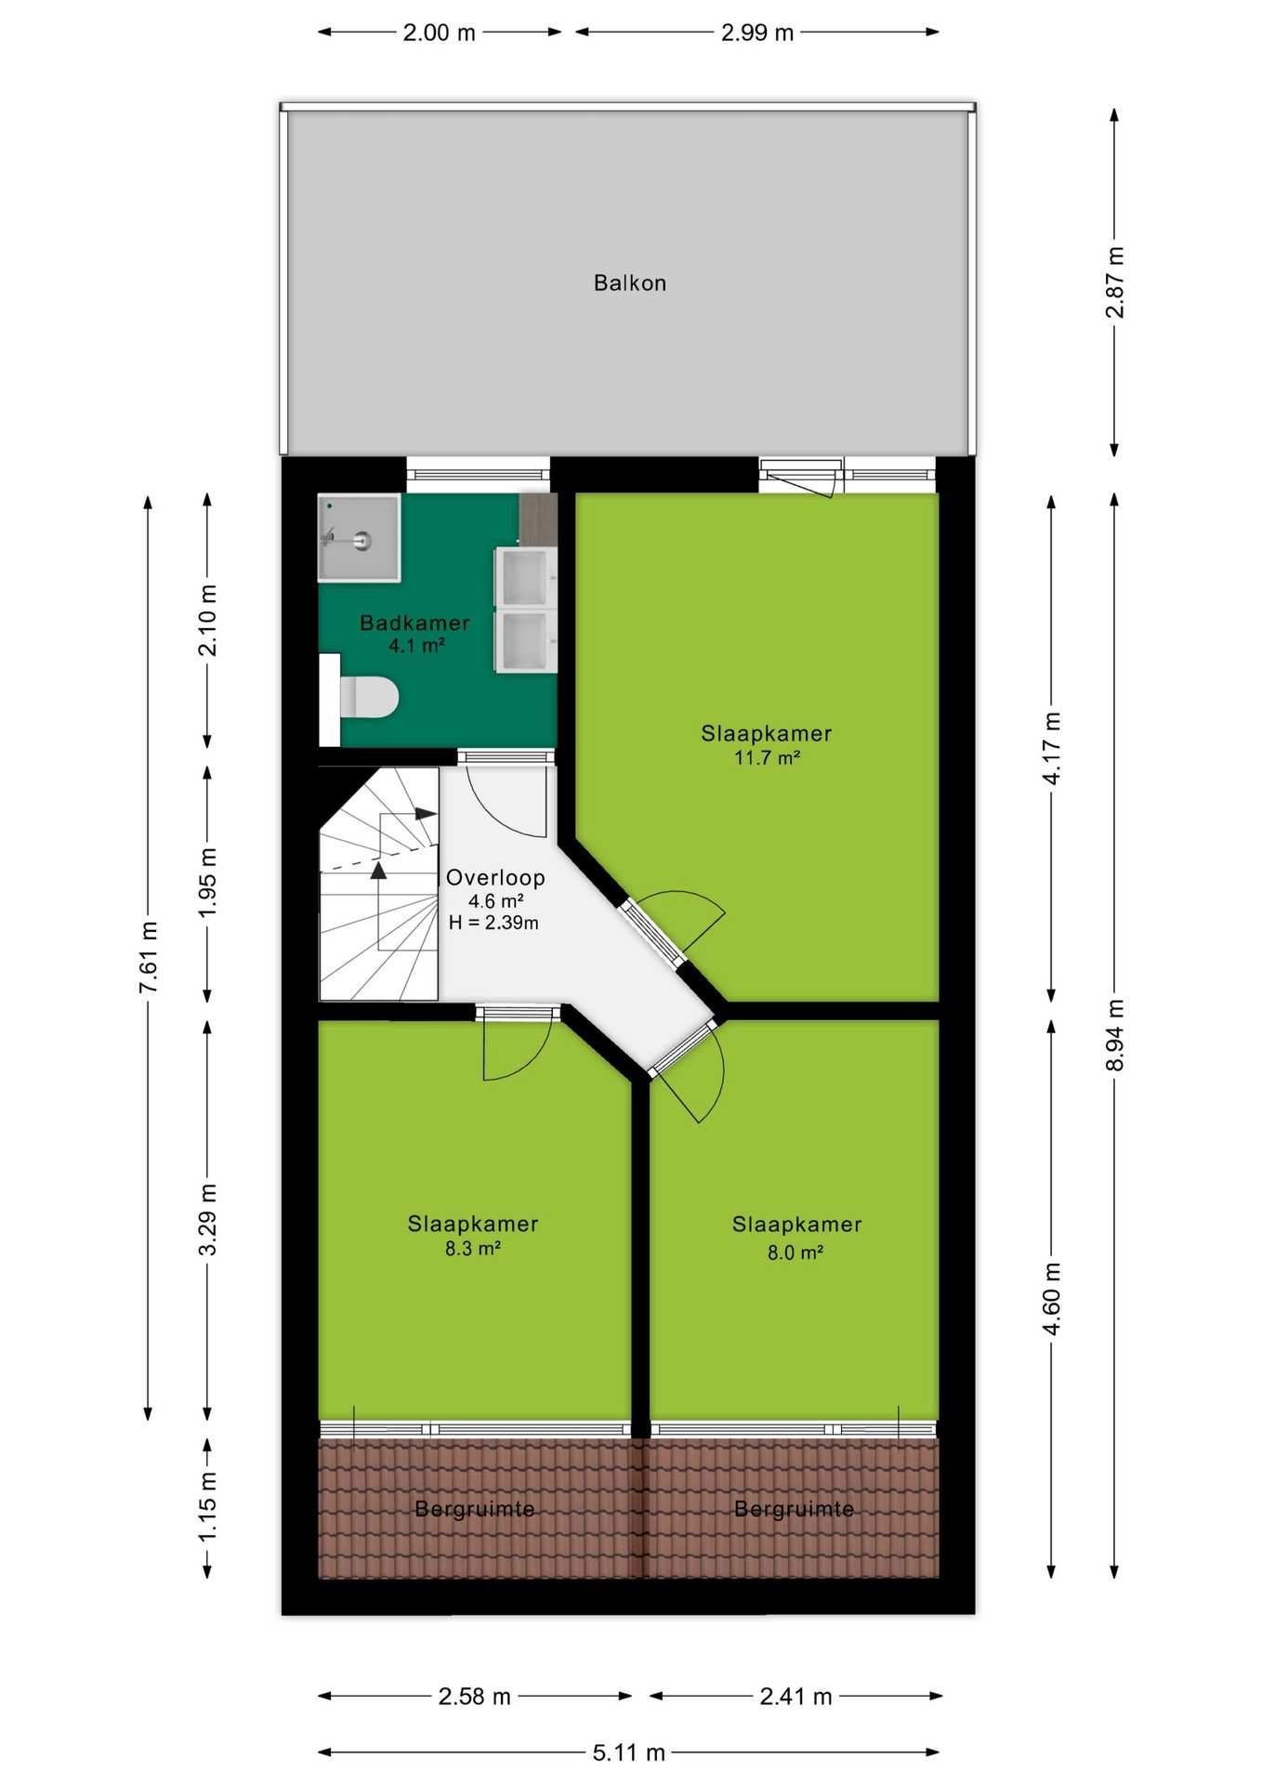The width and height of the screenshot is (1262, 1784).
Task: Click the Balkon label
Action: (x=630, y=282)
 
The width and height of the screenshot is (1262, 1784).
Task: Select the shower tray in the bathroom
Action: (x=360, y=538)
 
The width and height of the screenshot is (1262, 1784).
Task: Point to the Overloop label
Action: (x=495, y=877)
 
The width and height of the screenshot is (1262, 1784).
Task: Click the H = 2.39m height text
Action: (x=493, y=923)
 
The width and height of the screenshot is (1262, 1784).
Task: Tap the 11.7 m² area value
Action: (x=768, y=757)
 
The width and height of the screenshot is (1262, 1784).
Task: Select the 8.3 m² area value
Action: (x=473, y=1248)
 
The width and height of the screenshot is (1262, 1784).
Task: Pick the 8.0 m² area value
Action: (x=795, y=1253)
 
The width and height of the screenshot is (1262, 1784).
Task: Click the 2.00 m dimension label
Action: (x=440, y=33)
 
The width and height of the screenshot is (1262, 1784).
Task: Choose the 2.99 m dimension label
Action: (x=757, y=33)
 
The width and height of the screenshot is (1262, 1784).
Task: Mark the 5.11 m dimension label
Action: (x=629, y=1752)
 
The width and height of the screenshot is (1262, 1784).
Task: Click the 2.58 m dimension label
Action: (x=475, y=1696)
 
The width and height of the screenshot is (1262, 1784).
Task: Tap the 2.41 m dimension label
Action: (x=795, y=1696)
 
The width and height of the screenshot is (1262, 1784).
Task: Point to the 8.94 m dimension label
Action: (x=1115, y=1034)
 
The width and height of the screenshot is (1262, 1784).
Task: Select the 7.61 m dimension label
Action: (x=149, y=956)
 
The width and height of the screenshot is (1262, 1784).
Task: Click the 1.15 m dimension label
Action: (x=207, y=1506)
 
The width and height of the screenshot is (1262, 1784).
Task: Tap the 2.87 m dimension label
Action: (x=1115, y=282)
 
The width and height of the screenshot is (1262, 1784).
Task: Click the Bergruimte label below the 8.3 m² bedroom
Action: (x=475, y=1509)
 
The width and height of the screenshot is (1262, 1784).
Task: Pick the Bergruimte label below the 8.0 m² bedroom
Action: (x=795, y=1509)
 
